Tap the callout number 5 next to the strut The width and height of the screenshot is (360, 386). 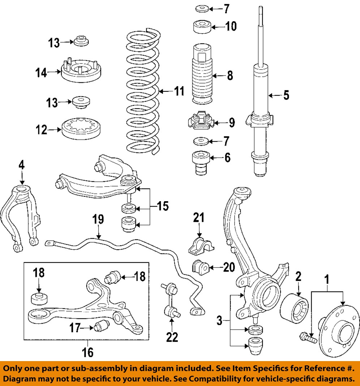pos(286,96)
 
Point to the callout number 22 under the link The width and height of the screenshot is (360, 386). pos(172,337)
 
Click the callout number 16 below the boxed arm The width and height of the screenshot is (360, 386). pos(88,351)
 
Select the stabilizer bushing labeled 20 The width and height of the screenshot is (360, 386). pos(199,267)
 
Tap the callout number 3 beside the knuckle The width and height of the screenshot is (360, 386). pos(219,320)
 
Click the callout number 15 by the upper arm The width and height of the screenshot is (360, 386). pos(163,207)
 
